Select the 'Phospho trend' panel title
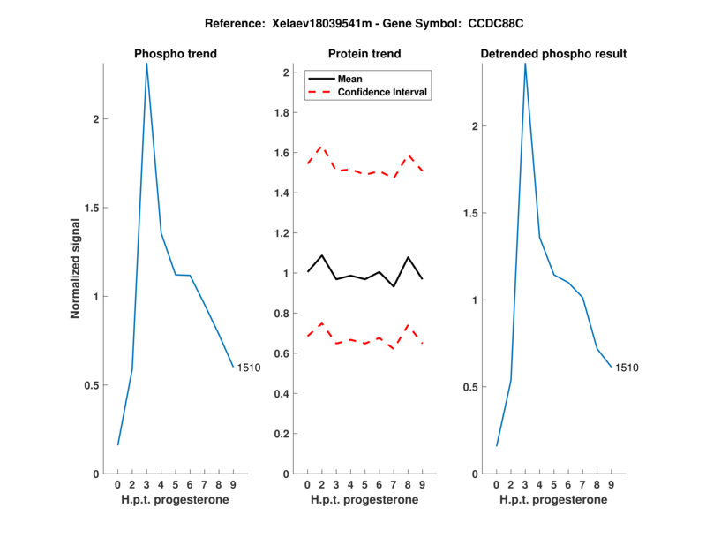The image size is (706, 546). click(x=176, y=54)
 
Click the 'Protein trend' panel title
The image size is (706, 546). click(x=364, y=54)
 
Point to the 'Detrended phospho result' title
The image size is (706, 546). click(x=553, y=54)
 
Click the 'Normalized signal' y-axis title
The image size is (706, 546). click(x=75, y=268)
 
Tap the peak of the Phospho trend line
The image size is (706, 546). click(x=146, y=64)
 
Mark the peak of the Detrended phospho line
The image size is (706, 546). click(x=525, y=64)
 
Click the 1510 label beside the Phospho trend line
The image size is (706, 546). click(x=249, y=368)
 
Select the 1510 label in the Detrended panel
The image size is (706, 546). click(x=627, y=368)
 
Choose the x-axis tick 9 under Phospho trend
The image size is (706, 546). click(x=233, y=485)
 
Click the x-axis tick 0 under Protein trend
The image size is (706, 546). click(x=307, y=485)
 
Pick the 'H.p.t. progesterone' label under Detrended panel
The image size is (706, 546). click(x=553, y=500)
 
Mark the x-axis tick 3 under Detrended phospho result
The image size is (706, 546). click(x=525, y=485)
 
